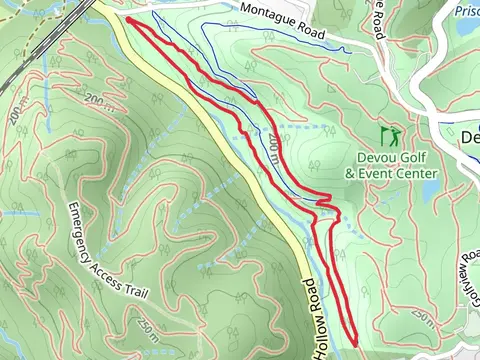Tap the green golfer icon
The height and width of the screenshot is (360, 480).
391,133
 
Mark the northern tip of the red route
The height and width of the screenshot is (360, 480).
129,19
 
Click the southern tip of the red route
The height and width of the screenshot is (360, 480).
354,342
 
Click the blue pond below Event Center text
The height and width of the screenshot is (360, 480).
429,189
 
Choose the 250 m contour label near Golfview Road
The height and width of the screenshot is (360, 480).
423,318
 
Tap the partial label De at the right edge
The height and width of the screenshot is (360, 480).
470,137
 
